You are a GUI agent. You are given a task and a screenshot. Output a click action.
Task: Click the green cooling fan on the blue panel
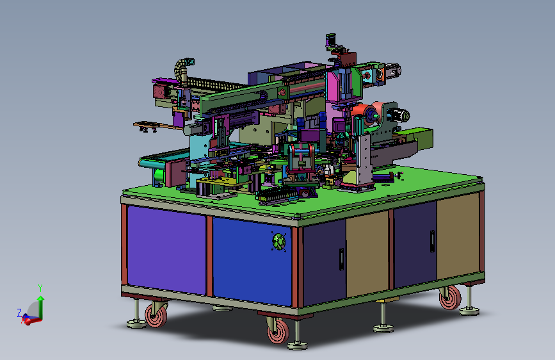(x=279, y=241)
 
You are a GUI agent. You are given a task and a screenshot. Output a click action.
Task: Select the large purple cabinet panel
(x=166, y=250)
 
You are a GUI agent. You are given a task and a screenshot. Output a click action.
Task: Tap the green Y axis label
(x=40, y=288)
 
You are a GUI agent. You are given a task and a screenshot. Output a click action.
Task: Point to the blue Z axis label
(x=19, y=313)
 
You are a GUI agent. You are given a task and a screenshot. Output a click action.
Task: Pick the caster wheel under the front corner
(x=278, y=331)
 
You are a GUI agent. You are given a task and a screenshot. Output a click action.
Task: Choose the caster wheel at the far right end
(x=450, y=297)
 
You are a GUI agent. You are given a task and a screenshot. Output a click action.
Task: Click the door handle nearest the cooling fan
(x=341, y=259)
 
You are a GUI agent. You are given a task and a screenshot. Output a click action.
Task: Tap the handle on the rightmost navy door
(x=432, y=241)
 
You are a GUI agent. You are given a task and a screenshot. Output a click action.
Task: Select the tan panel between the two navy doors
(x=367, y=254)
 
